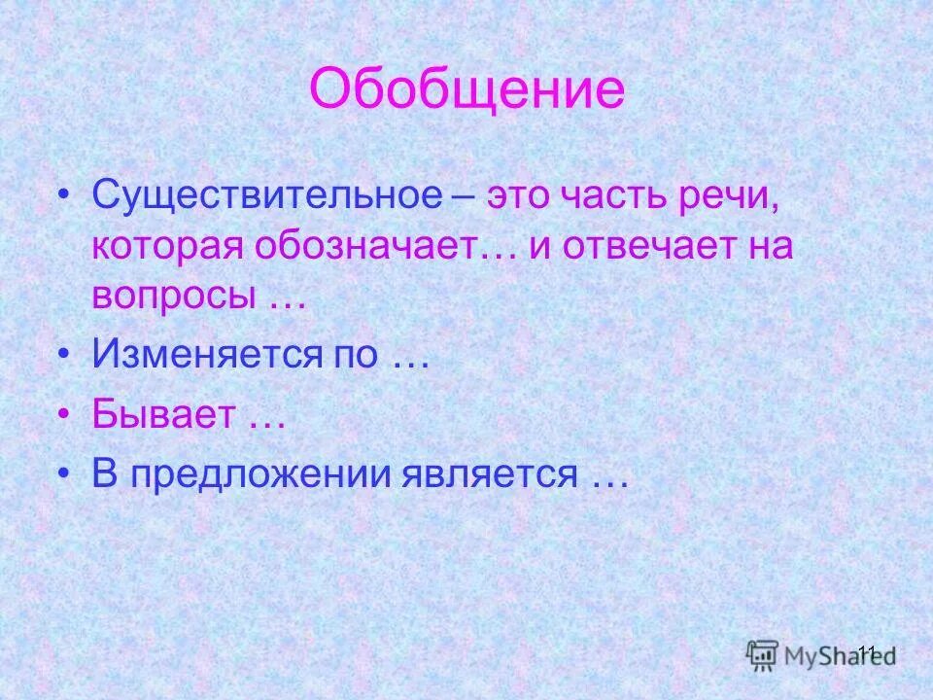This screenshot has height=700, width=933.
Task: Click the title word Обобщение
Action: (x=466, y=90)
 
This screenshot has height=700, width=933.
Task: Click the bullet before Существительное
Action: (x=64, y=194)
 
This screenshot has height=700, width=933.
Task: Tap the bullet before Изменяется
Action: (x=64, y=355)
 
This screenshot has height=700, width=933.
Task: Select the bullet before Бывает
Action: (x=64, y=415)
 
